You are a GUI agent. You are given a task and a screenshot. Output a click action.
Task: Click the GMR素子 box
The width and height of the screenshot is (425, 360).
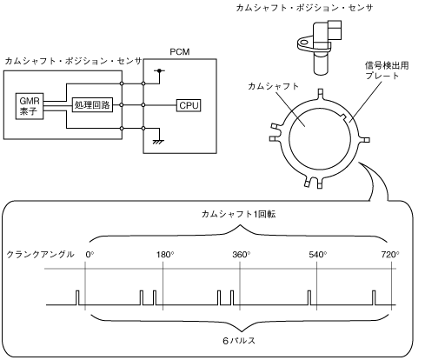30,106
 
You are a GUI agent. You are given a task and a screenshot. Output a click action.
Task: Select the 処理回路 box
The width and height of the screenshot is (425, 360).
92,104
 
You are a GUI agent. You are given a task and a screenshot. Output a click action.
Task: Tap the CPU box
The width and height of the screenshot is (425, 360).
189,105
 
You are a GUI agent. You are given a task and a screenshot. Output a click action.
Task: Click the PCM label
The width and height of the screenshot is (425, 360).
180,52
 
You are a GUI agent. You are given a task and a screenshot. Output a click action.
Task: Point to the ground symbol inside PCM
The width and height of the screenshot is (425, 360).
158,141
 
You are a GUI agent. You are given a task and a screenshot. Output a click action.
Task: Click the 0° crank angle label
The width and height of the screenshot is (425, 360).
90,255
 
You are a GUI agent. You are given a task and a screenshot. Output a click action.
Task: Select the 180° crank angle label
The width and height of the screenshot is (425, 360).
165,255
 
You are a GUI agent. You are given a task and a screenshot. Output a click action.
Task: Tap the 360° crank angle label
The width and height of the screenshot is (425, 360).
242,255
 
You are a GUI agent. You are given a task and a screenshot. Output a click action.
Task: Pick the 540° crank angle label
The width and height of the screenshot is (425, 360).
318,255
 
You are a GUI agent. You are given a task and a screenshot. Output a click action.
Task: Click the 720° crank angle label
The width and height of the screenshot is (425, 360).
390,255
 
